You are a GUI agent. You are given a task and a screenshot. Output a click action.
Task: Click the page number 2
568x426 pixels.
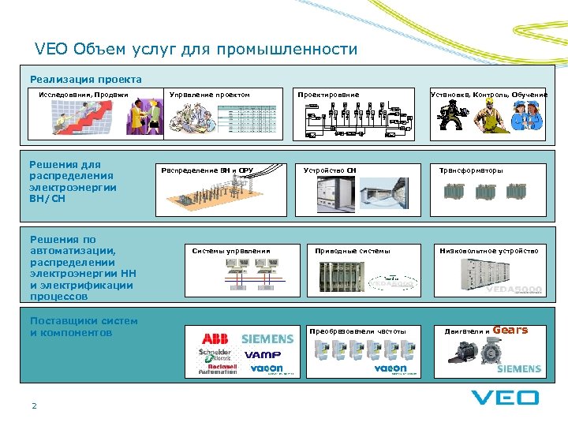click(34, 406)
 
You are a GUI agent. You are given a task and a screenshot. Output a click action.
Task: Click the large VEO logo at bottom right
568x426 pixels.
click(505, 397)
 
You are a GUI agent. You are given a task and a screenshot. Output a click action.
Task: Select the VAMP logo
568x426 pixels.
click(263, 354)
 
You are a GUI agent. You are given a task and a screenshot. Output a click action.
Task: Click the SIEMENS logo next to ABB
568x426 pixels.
click(267, 338)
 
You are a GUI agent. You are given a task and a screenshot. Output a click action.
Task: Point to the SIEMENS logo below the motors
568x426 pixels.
click(518, 368)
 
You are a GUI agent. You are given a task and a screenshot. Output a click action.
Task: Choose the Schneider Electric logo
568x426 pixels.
click(214, 353)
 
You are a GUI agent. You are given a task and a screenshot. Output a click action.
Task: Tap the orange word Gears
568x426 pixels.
click(510, 330)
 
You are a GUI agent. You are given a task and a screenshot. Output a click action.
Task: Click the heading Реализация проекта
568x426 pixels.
click(86, 79)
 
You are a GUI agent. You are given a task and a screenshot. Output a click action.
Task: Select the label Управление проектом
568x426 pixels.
click(210, 95)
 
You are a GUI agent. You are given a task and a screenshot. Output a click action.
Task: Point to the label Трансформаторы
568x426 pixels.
click(471, 170)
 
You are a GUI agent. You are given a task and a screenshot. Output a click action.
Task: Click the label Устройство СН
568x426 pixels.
click(330, 170)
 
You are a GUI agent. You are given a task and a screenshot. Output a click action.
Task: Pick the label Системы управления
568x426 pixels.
click(231, 251)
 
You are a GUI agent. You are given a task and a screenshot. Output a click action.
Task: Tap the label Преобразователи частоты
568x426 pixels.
click(358, 331)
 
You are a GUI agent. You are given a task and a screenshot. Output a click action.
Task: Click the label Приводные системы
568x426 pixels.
click(353, 251)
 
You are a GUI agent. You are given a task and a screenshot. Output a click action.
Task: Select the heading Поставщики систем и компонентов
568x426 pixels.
click(84, 327)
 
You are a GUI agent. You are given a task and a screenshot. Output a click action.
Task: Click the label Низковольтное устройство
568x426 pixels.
click(489, 251)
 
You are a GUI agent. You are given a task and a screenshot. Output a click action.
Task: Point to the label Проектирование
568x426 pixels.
click(328, 95)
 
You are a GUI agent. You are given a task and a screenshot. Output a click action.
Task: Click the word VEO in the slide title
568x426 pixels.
click(51, 49)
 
